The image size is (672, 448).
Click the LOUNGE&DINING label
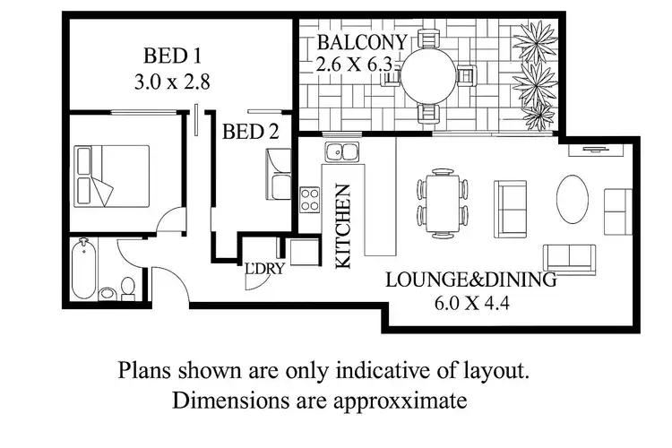470,280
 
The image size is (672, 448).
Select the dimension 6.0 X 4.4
470,303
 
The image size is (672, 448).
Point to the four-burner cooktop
310,199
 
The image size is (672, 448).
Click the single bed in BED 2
278,174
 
